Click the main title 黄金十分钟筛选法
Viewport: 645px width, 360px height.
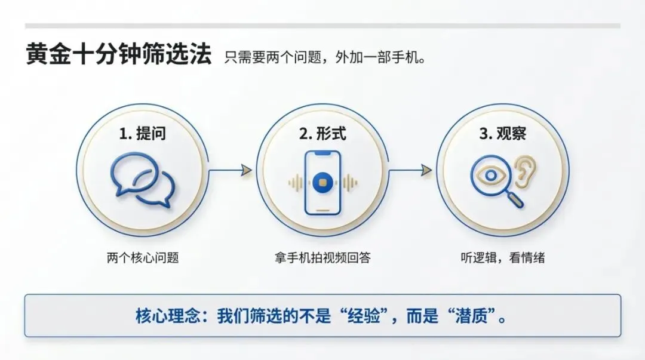coord(118,56)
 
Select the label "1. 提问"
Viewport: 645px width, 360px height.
coord(143,134)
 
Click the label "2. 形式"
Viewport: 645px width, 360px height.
coord(322,134)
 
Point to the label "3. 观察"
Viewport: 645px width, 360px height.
coord(502,134)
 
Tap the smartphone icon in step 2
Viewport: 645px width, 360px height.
coord(322,182)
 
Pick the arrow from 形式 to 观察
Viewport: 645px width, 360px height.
coord(410,171)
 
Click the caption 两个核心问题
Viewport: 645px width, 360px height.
coord(143,258)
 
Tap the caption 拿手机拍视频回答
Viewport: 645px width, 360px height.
coord(322,258)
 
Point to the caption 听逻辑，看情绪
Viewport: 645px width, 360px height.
coord(502,258)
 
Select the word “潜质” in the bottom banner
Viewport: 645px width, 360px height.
coord(477,316)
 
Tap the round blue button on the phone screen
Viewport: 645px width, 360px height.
coord(322,182)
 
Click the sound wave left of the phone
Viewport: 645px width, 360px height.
coord(295,183)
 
